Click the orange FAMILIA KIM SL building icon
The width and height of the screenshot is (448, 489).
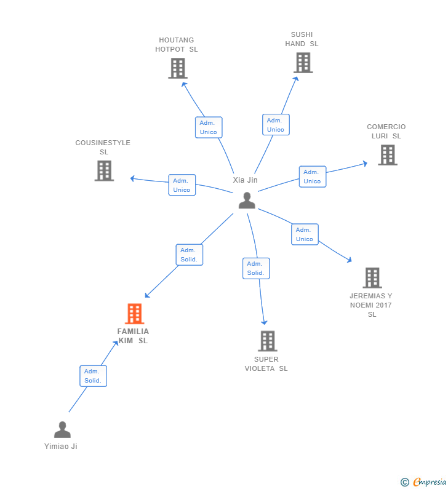135,314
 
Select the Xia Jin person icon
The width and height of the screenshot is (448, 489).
247,201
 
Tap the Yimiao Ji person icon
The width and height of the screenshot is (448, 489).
62,429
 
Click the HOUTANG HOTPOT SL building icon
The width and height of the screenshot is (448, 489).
178,68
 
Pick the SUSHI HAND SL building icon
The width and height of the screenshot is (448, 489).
303,63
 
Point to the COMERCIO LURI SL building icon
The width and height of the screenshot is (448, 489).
388,155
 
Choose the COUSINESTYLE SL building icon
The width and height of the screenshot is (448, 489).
104,171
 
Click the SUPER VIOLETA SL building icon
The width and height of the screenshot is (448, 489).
268,341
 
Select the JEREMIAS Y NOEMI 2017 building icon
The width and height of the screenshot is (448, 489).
372,277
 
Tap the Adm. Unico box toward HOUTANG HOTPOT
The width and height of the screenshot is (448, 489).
209,127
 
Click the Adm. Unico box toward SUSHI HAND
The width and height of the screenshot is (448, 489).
276,125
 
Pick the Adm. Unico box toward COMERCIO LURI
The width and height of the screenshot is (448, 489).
313,177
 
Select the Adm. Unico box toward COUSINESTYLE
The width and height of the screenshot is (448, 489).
182,185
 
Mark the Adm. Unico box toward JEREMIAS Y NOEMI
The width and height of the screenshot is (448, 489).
305,234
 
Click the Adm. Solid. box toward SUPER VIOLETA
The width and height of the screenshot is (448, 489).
256,268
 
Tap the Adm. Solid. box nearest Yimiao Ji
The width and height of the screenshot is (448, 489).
94,376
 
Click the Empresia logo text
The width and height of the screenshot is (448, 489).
430,482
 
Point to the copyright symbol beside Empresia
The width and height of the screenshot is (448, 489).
405,482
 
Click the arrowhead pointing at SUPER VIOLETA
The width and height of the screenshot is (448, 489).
264,322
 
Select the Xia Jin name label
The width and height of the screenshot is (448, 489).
245,180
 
